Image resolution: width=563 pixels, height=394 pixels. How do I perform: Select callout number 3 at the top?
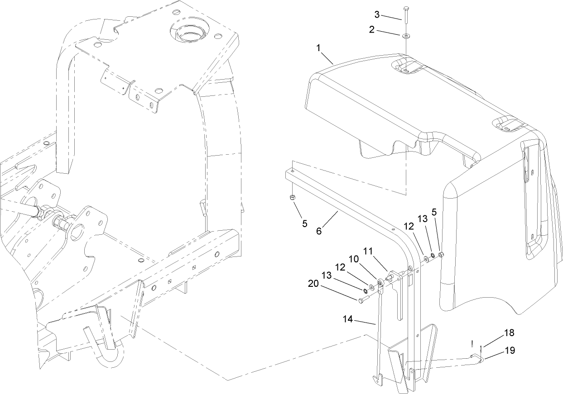pos(376,14)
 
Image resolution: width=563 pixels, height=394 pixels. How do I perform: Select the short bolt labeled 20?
pos(363,299)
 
